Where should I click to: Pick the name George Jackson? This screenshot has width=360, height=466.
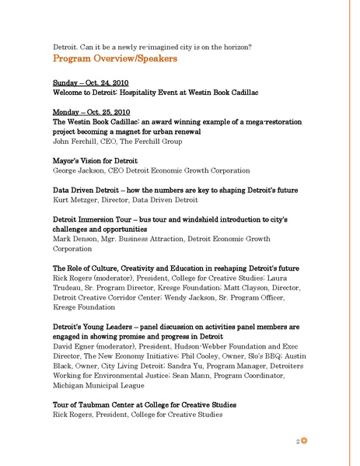pyautogui.click(x=77, y=170)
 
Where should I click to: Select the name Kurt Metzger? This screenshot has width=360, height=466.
pyautogui.click(x=74, y=200)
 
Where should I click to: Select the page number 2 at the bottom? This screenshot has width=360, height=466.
pyautogui.click(x=298, y=441)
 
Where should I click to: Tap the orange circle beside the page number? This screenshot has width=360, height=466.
pyautogui.click(x=306, y=441)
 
